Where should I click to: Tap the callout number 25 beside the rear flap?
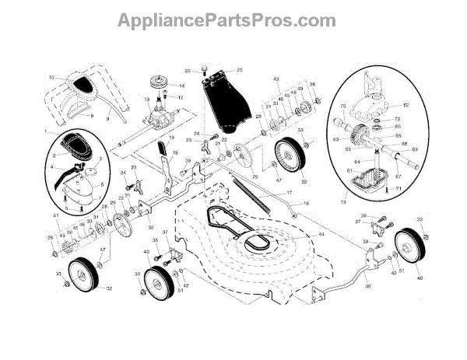pos(240,70)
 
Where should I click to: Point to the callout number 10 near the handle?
pos(51,78)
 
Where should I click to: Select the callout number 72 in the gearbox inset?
pos(397,119)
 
